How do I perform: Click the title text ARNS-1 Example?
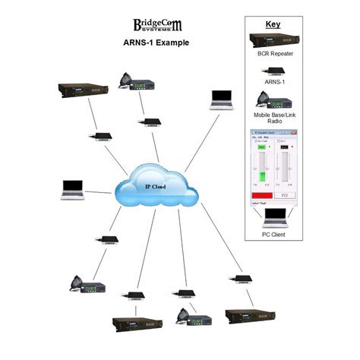click(156, 43)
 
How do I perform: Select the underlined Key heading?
click(272, 24)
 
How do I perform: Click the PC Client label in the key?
click(273, 234)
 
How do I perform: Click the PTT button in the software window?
click(284, 194)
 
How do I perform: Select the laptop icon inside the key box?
click(273, 218)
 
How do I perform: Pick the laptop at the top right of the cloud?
click(220, 98)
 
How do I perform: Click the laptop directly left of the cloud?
click(73, 189)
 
